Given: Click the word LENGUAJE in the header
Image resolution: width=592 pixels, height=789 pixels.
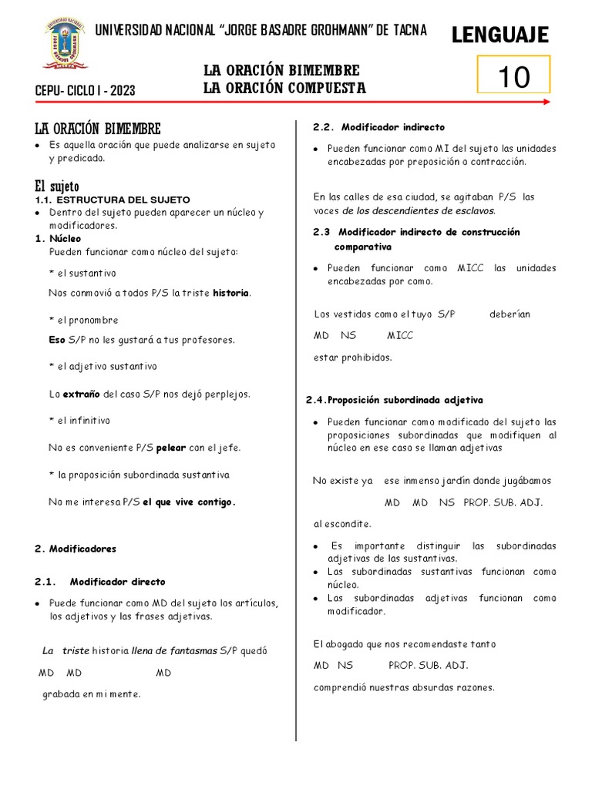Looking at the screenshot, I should [499, 35].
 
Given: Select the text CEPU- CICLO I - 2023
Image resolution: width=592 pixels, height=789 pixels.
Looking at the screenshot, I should [86, 91].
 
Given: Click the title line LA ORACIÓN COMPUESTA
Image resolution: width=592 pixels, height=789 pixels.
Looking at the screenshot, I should [284, 88].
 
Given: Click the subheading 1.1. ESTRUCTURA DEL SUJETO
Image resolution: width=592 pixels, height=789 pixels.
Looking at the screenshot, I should [113, 200].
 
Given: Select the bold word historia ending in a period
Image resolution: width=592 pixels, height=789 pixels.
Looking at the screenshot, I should [232, 293].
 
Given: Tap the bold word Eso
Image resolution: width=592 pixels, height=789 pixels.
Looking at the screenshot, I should [57, 339].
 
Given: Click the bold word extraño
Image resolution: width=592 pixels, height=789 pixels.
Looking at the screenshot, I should [81, 394].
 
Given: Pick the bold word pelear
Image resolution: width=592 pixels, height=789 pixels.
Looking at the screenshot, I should [172, 448].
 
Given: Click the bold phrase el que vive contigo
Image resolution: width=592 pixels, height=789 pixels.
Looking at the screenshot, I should [189, 502].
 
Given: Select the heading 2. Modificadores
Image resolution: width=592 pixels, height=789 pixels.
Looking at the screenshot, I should [76, 549].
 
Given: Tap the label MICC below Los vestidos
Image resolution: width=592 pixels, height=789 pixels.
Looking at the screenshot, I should [400, 336].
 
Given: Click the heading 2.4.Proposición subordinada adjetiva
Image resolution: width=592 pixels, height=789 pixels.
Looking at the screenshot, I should [394, 400].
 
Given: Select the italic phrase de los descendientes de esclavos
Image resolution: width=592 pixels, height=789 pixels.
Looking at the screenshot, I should [419, 210].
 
